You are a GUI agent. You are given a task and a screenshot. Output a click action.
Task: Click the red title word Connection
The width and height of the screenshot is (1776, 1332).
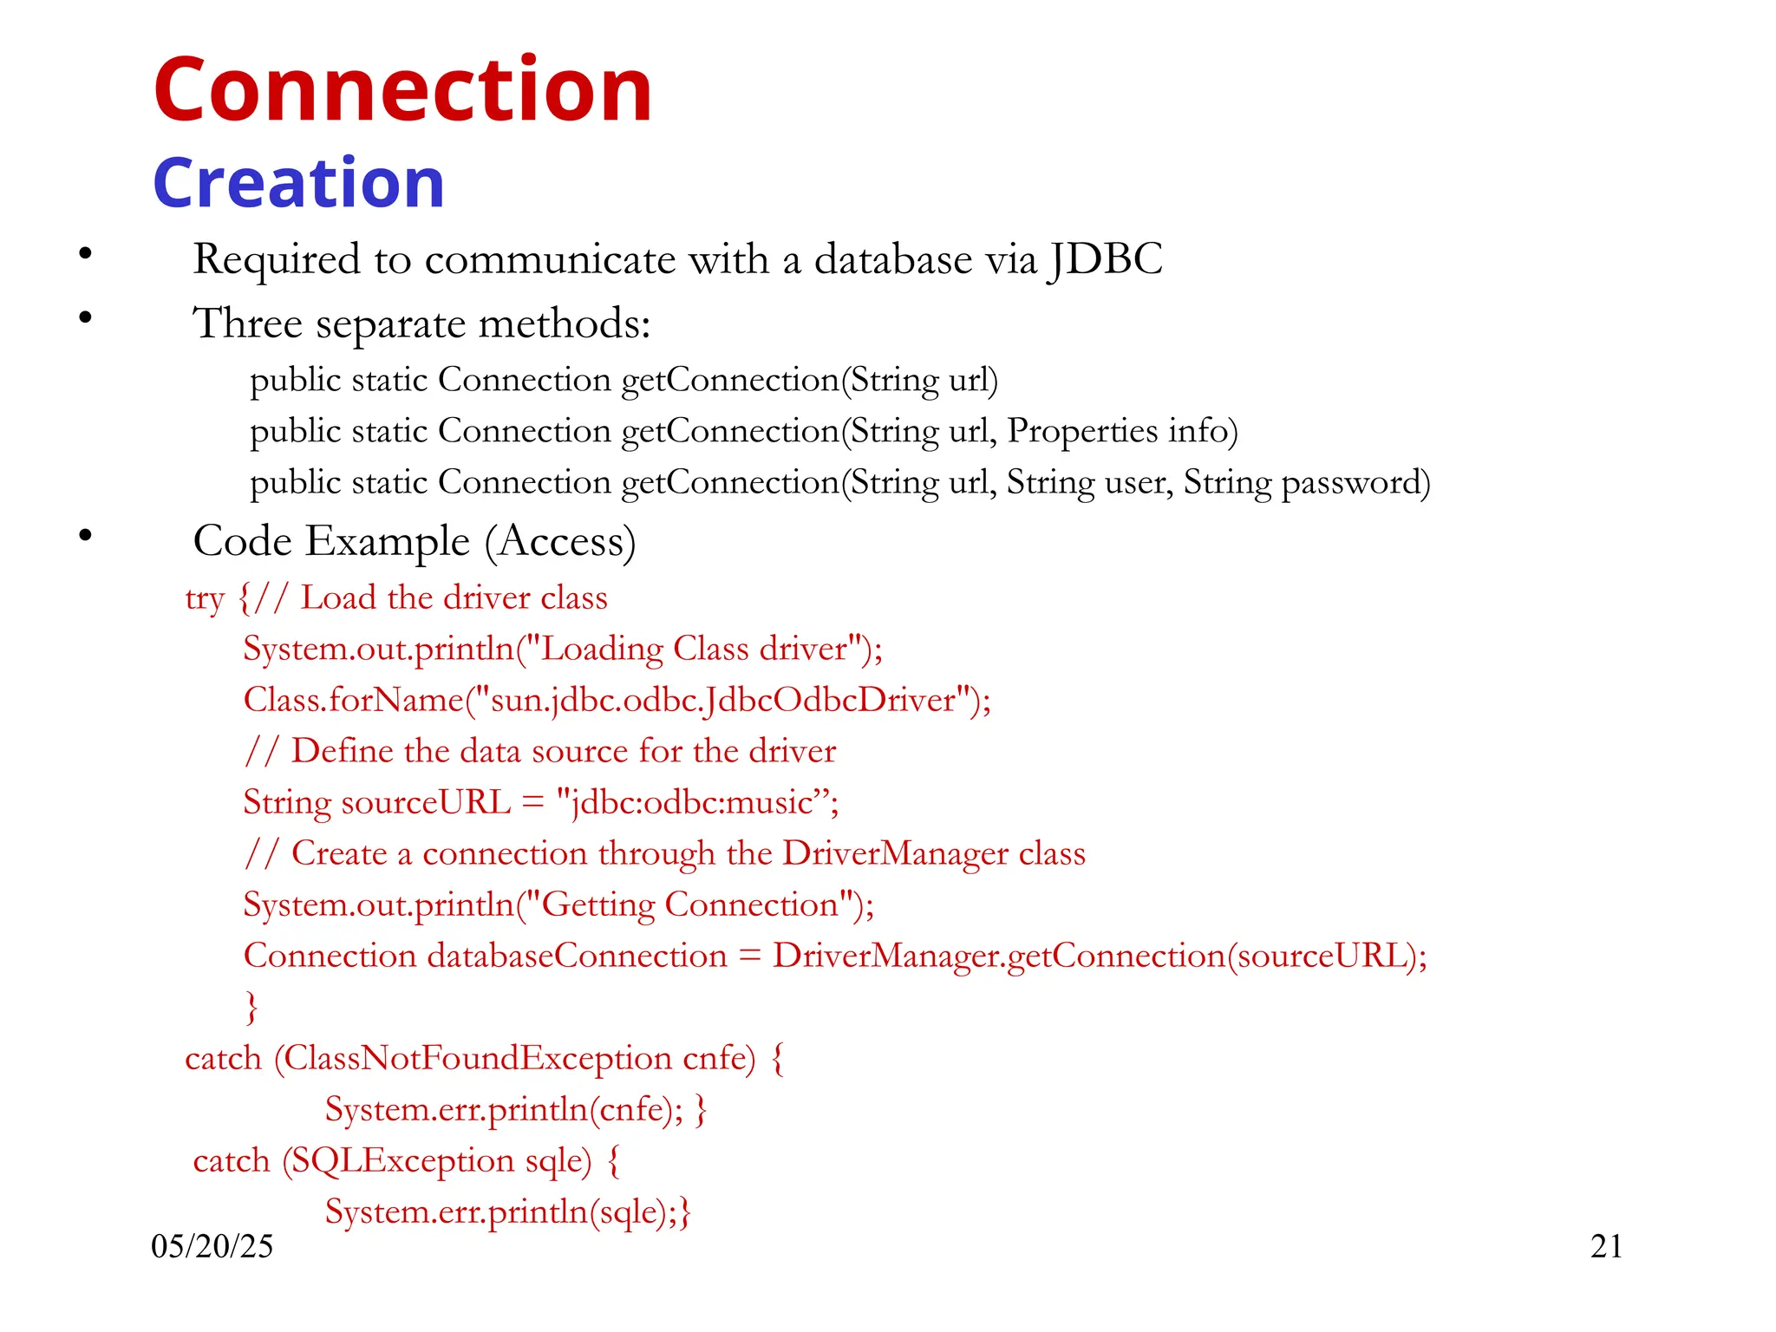click(x=402, y=90)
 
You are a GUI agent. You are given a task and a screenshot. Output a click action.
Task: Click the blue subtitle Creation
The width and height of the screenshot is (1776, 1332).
click(x=298, y=184)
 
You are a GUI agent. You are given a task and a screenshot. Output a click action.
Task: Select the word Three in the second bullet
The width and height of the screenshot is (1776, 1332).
click(x=247, y=323)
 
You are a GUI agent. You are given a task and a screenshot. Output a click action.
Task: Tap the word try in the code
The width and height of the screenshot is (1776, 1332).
click(x=205, y=598)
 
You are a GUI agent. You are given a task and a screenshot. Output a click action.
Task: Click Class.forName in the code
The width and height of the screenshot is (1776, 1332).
click(x=353, y=700)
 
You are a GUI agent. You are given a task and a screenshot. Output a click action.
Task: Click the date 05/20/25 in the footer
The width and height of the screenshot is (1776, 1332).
click(x=212, y=1246)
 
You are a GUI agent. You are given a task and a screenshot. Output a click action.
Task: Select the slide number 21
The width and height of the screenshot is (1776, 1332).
click(x=1606, y=1246)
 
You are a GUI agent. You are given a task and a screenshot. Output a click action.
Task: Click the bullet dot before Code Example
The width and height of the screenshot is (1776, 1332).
click(x=85, y=535)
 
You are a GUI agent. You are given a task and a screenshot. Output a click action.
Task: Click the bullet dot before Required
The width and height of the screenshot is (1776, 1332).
click(x=85, y=253)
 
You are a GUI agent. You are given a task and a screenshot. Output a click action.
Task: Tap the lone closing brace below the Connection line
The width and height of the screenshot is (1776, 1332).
click(x=251, y=1008)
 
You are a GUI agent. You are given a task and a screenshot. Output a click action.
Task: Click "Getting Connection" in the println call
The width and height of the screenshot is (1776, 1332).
click(x=689, y=904)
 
